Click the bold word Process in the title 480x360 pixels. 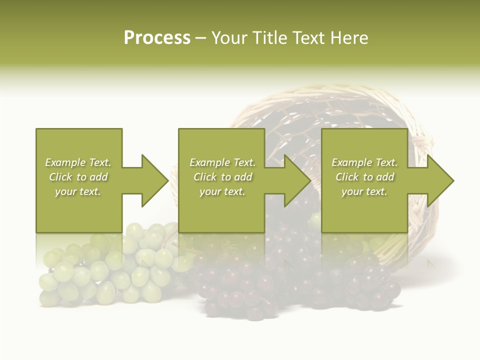157,38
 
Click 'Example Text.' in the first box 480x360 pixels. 78,162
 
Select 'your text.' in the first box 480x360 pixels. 78,191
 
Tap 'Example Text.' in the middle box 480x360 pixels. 222,162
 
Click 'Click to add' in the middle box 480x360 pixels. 222,177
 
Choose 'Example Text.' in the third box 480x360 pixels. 364,162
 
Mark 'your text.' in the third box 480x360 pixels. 364,191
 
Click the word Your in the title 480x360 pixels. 229,38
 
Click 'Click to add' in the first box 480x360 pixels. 78,177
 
